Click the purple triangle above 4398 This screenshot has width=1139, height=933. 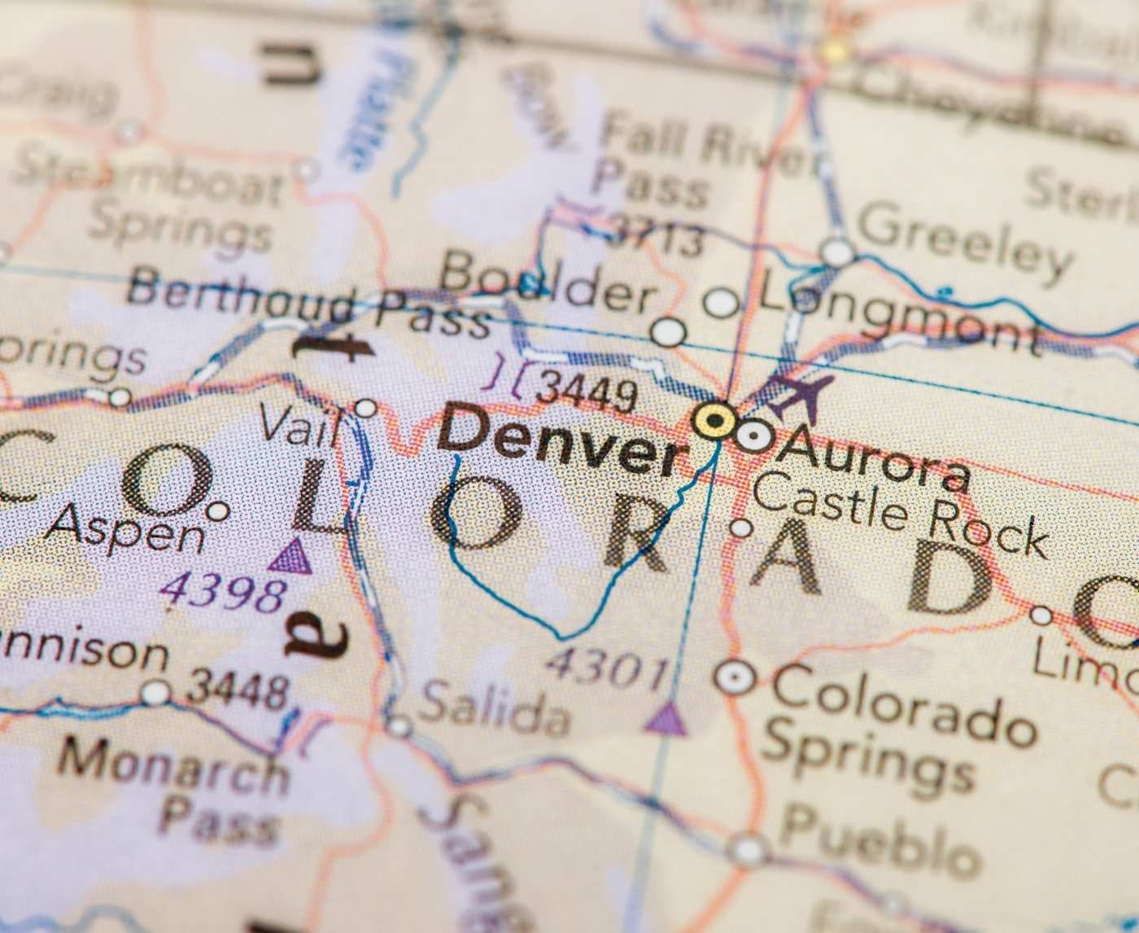[x=291, y=558]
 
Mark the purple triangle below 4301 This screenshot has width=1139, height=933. [x=666, y=720]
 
